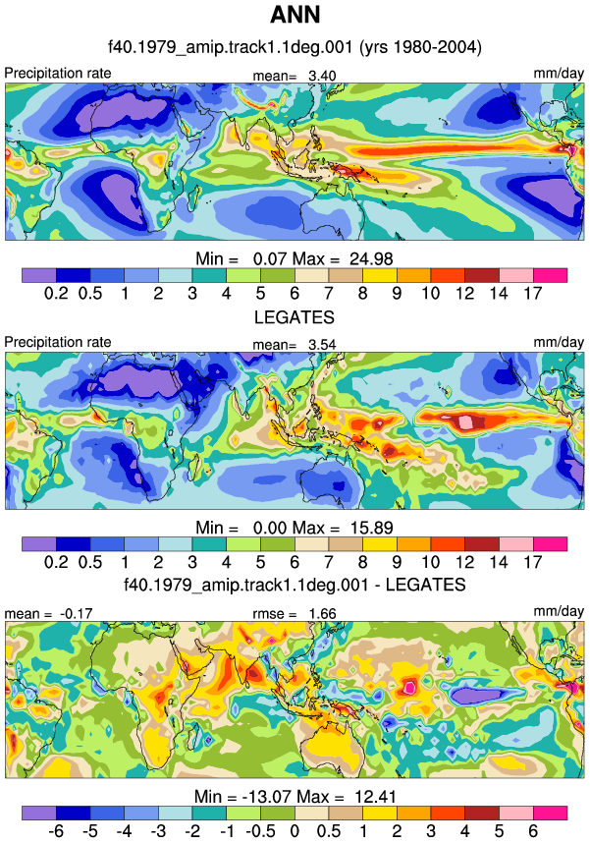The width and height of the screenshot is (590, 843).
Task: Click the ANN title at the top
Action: pyautogui.click(x=295, y=15)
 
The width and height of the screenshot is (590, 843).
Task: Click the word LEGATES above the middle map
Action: pyautogui.click(x=295, y=317)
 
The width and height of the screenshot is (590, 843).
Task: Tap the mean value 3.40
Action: pyautogui.click(x=322, y=76)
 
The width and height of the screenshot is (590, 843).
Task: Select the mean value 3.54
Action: pyautogui.click(x=322, y=345)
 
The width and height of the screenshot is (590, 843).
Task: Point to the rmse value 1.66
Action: pyautogui.click(x=322, y=613)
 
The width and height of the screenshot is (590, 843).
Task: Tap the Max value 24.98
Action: pyautogui.click(x=371, y=259)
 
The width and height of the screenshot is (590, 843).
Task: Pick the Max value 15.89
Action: pyautogui.click(x=371, y=528)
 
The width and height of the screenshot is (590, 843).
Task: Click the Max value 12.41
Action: pyautogui.click(x=375, y=796)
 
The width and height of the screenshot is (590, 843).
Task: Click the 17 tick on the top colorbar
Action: pyautogui.click(x=533, y=293)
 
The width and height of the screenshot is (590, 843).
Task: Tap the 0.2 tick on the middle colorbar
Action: pyautogui.click(x=56, y=562)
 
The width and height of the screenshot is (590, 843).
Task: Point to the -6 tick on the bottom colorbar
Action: pyautogui.click(x=56, y=831)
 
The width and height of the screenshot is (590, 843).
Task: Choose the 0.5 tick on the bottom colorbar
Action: pyautogui.click(x=328, y=831)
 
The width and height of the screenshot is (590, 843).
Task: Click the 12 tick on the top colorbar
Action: pyautogui.click(x=464, y=293)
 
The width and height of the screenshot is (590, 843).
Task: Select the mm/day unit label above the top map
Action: pyautogui.click(x=559, y=73)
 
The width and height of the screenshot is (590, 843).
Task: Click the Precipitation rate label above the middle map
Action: pyautogui.click(x=58, y=342)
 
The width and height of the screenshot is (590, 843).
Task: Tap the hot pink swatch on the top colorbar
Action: pyautogui.click(x=550, y=275)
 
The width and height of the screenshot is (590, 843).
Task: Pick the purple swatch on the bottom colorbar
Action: pyautogui.click(x=38, y=813)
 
